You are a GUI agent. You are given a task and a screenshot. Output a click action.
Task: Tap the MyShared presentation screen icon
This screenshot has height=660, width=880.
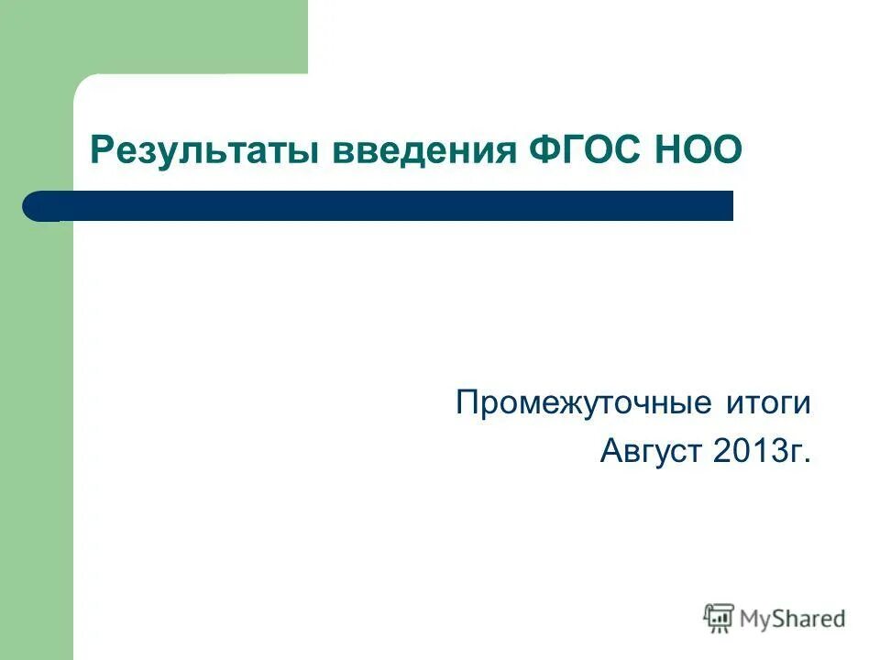click(x=719, y=619)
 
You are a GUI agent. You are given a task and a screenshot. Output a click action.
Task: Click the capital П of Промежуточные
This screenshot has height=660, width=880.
click(x=467, y=402)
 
